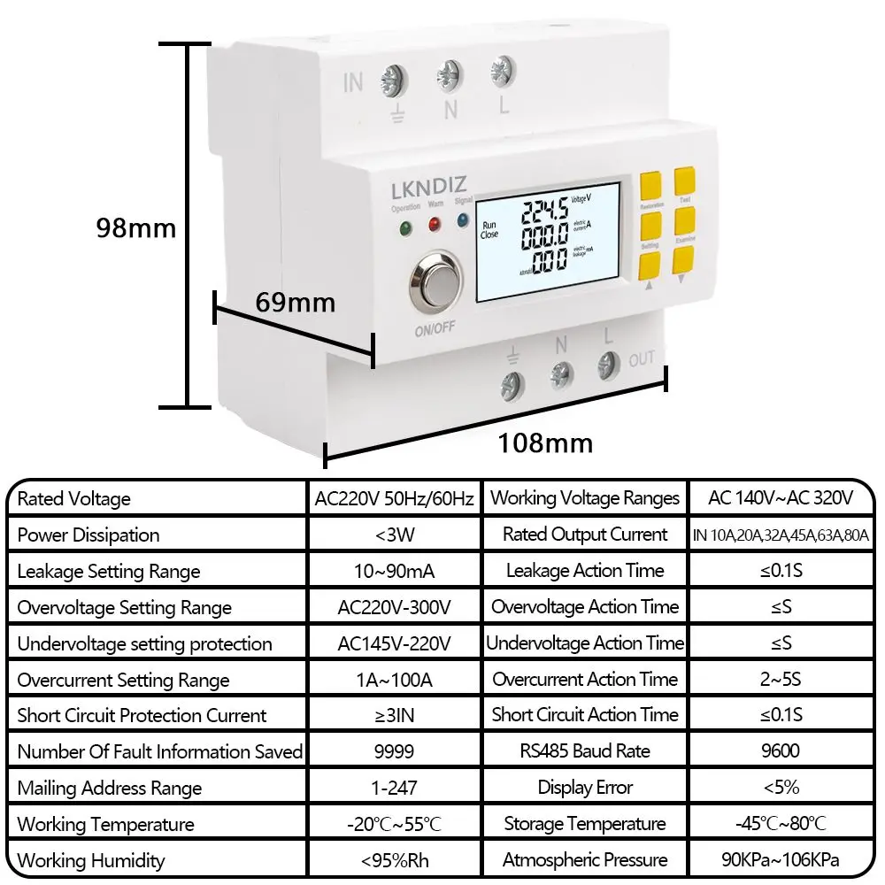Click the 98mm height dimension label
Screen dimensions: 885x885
[136, 228]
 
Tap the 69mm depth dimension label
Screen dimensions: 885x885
[296, 303]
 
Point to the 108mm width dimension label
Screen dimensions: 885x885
[543, 442]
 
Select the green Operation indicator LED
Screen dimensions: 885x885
[406, 227]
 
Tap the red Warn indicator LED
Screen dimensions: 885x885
[435, 225]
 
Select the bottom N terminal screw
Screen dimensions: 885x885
[560, 373]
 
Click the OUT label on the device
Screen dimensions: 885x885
[642, 359]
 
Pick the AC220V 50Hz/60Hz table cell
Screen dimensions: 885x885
[394, 498]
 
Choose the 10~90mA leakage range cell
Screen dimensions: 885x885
[394, 571]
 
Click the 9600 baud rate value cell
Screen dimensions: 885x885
[780, 751]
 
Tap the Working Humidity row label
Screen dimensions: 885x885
[91, 860]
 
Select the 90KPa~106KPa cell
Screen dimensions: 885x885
[780, 860]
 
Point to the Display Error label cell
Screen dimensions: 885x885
[585, 788]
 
